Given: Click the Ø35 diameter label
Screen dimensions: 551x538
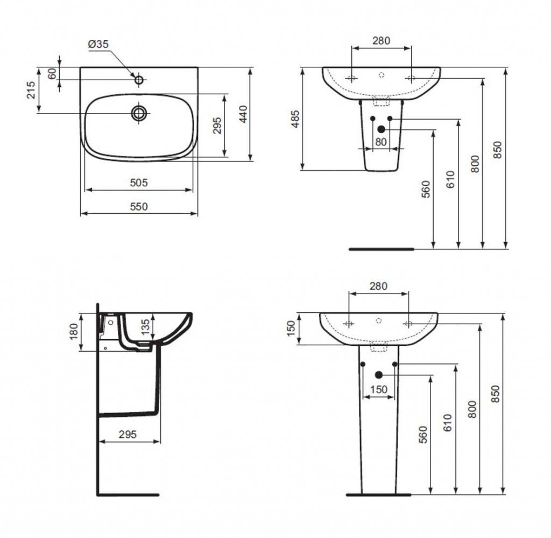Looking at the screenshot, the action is coord(98,44).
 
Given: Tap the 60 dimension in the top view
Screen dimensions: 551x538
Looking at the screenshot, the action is coord(52,73).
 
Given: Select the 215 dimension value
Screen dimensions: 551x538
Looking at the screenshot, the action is coord(31,89).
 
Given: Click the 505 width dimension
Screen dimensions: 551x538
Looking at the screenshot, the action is coord(139,183).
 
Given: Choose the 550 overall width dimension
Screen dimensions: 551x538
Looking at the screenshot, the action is coord(139,206).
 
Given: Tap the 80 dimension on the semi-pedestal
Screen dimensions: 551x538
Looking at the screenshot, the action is coord(381,142).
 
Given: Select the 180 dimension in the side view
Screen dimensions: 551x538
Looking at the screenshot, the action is coord(73,331).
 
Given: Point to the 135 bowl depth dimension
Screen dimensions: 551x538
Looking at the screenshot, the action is coord(145,326).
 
